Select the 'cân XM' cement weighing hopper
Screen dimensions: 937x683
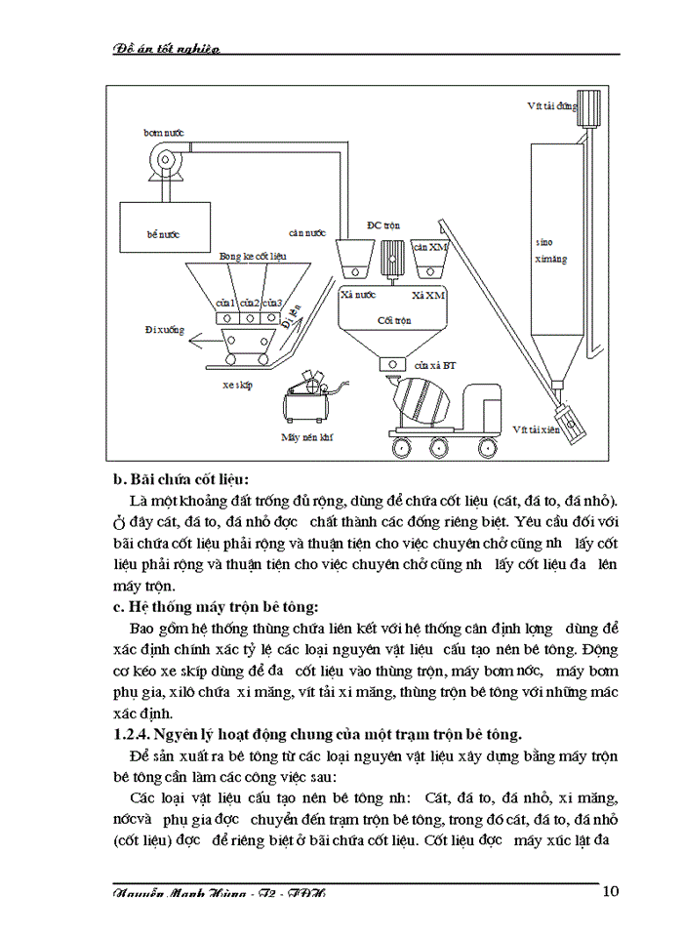point(429,257)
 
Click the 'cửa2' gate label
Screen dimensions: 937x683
point(250,302)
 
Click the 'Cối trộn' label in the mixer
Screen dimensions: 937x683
point(391,320)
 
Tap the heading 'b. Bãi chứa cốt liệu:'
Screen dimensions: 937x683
point(181,479)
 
